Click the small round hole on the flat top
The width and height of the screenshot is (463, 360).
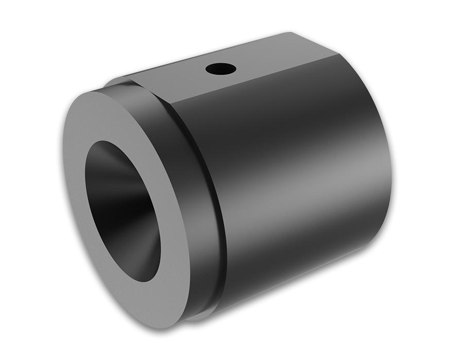tap(219, 67)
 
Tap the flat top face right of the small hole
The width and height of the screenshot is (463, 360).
tap(273, 57)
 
